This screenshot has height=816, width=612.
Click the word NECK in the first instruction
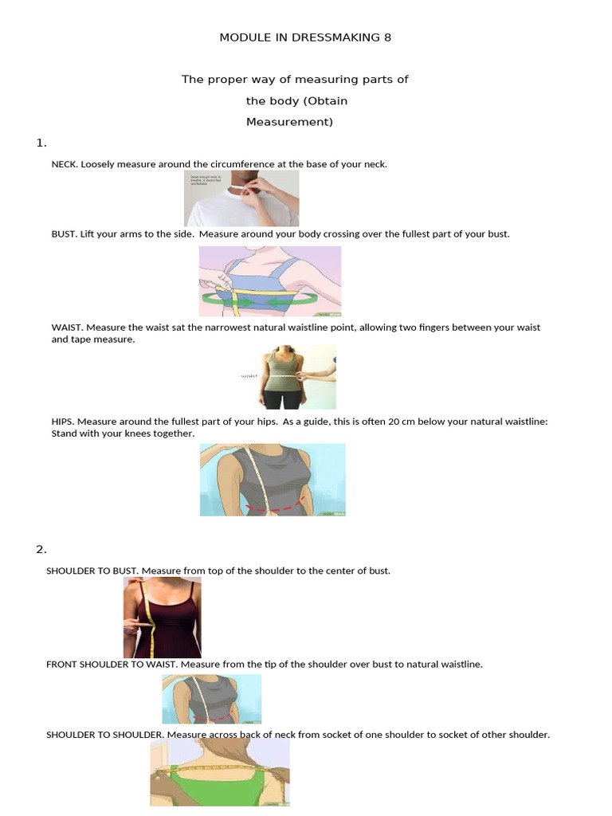(64, 164)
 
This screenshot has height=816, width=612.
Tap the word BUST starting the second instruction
(64, 234)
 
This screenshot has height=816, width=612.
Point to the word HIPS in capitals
(62, 422)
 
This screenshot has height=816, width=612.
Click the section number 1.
(41, 143)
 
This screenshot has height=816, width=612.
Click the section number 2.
(41, 549)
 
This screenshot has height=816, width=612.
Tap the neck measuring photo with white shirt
(241, 198)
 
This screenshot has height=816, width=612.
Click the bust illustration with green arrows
(269, 281)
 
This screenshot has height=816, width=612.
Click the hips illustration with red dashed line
(273, 480)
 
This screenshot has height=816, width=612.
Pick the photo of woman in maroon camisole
(162, 618)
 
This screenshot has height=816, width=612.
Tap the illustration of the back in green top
(220, 771)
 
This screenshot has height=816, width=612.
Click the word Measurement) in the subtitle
(289, 122)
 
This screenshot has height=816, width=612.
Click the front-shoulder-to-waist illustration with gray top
(211, 699)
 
